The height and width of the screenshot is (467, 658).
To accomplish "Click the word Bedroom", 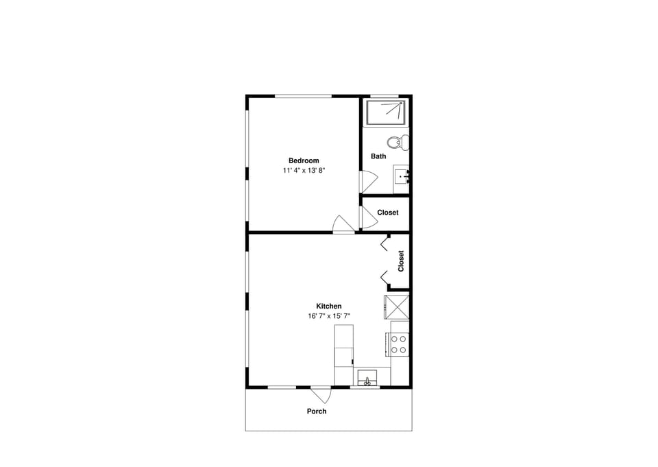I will tap(303, 160).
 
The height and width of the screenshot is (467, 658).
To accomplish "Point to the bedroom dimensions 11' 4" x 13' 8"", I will tap(303, 170).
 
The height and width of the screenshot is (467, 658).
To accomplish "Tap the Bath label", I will tap(378, 156).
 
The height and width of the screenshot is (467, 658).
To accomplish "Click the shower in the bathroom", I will tap(386, 112).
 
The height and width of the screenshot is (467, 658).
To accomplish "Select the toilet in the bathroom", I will tap(397, 143).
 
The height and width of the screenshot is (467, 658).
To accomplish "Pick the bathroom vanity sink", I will tap(402, 178).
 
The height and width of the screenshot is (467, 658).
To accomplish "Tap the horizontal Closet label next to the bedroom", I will tap(387, 213).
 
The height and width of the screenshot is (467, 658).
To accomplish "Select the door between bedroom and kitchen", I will tap(343, 225).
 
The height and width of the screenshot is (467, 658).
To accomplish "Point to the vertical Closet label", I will tap(401, 261).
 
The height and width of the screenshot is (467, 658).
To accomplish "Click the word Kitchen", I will tap(329, 307).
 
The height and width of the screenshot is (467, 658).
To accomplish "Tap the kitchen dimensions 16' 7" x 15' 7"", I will tap(329, 316).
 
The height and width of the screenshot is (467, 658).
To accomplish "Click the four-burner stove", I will tap(399, 344).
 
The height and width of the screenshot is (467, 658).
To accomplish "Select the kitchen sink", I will tap(367, 378).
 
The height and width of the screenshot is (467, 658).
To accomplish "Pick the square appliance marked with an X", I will tap(396, 306).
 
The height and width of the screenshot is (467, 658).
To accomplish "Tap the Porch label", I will tap(317, 411).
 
